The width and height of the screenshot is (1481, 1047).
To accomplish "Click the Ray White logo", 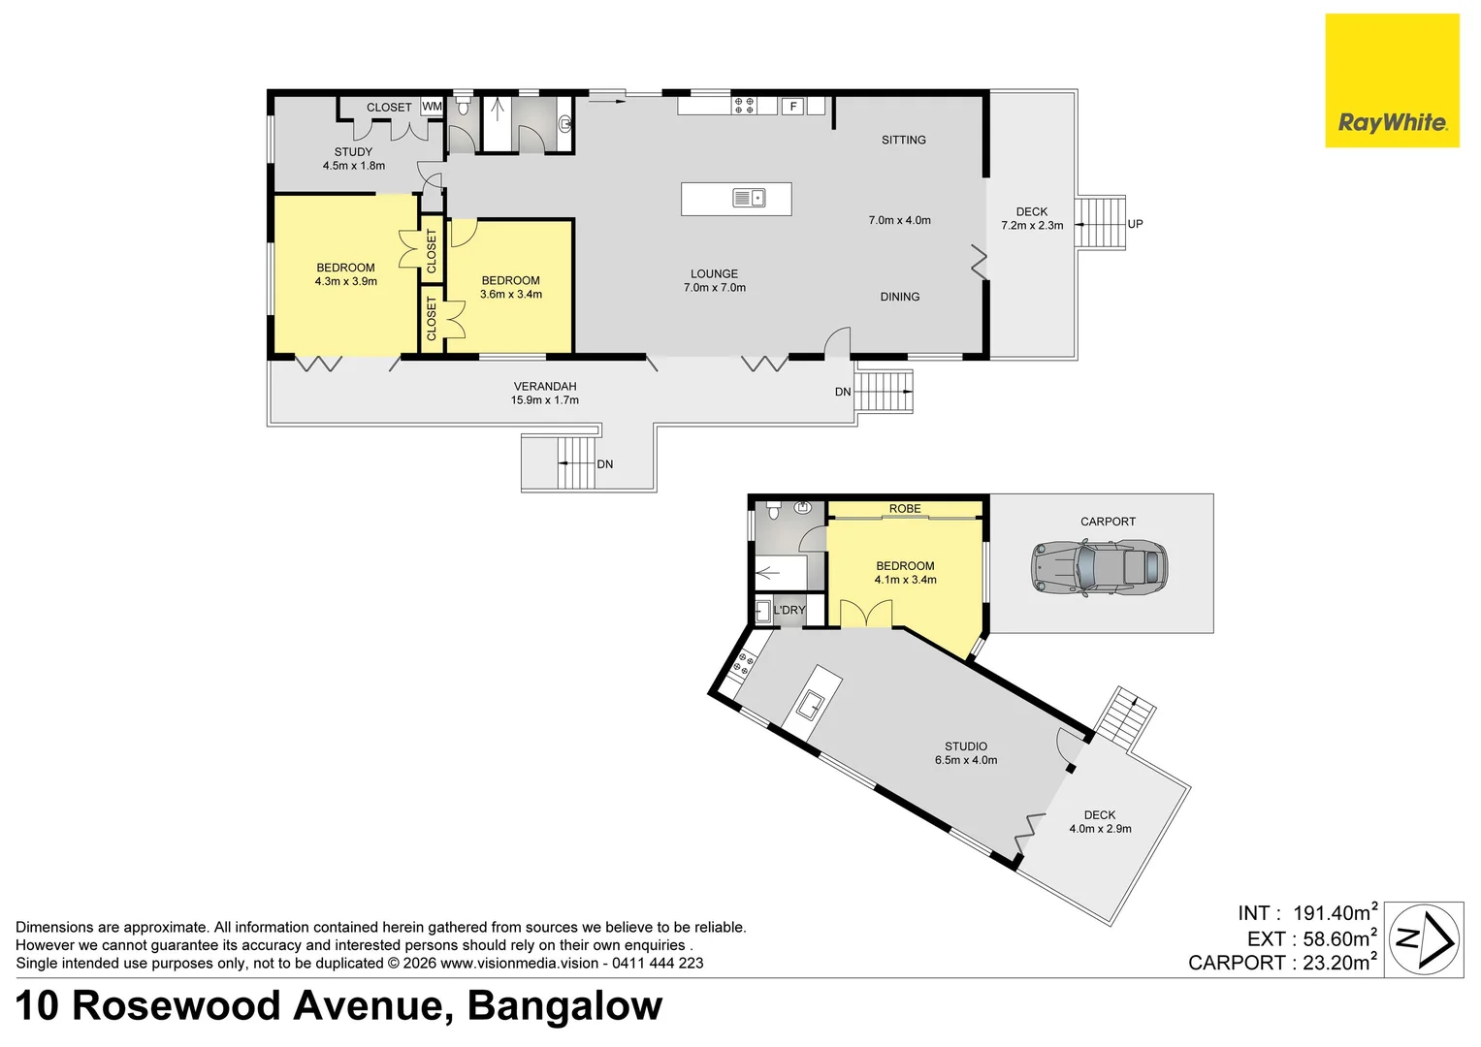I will (1392, 81).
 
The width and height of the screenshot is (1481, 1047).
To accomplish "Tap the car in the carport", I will (1098, 568).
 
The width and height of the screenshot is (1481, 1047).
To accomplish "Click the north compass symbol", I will (1423, 938).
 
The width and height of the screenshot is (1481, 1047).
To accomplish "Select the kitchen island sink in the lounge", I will (748, 199).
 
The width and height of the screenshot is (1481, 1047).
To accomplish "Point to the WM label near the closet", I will (432, 107).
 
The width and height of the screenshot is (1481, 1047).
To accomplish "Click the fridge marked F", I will (793, 107).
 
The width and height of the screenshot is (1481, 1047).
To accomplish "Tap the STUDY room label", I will (353, 152).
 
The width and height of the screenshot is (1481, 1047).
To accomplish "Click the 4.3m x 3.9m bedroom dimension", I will (345, 282).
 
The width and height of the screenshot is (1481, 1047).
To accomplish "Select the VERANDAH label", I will (545, 386).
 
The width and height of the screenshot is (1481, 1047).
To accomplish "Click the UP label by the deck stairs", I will (1135, 224).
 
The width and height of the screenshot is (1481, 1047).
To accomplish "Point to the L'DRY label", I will (789, 610).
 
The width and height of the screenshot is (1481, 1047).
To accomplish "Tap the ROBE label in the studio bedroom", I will (905, 509).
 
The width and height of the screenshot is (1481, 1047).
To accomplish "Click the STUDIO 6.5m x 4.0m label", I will (966, 753).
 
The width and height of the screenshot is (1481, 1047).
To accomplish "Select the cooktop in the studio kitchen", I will (744, 664).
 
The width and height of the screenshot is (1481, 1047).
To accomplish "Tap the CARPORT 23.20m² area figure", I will (1281, 963).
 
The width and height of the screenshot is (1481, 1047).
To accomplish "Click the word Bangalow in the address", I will (564, 1006).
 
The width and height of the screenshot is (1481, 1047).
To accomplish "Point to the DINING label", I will (900, 297).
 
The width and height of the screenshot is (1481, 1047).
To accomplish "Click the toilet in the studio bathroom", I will (773, 509).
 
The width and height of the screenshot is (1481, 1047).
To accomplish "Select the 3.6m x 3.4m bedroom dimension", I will (511, 295).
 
